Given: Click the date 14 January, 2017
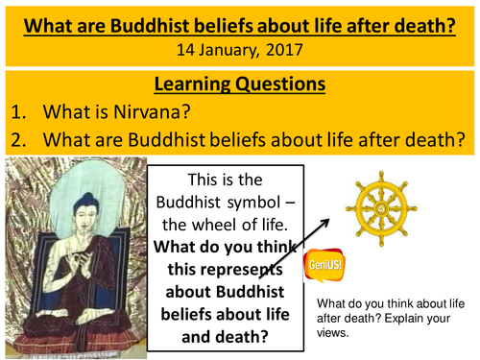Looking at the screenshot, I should click(240, 44).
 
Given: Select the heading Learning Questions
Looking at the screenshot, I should click(240, 85).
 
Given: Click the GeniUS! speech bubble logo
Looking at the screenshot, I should click(324, 265).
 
